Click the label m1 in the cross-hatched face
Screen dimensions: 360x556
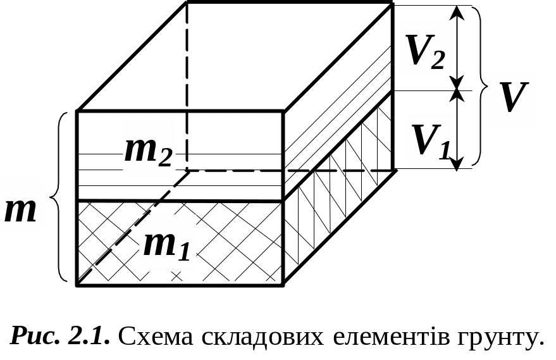166,243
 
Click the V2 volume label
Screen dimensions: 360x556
428,51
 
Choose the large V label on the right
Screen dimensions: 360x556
512,97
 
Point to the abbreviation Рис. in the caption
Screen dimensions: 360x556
35,335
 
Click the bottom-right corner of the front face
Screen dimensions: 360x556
283,284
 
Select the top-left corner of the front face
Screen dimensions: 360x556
77,111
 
